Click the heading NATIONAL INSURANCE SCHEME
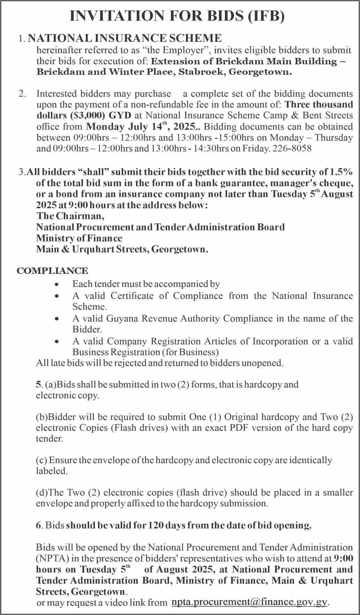125,38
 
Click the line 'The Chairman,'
70,216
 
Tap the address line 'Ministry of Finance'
79,238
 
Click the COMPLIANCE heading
52,271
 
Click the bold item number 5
38,385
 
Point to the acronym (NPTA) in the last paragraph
50,558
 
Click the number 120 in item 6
153,526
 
